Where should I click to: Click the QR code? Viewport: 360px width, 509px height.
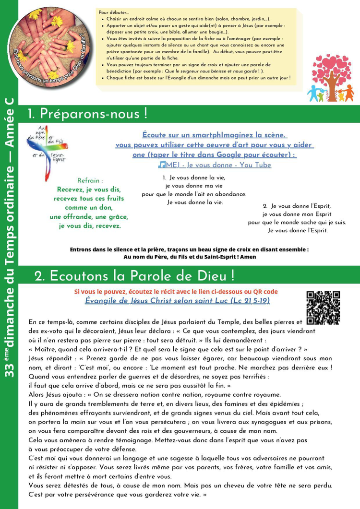tap(323, 307)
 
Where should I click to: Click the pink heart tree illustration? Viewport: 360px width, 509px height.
tap(332, 77)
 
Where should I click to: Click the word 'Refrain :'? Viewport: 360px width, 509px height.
tap(90, 180)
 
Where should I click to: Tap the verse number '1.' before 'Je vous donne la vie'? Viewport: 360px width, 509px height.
tap(164, 178)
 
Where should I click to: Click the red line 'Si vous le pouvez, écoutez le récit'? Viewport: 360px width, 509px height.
tap(176, 292)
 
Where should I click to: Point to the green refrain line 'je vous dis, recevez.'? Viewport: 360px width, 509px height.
tap(90, 225)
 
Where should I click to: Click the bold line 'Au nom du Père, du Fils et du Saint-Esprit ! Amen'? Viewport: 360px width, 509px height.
tap(190, 257)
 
